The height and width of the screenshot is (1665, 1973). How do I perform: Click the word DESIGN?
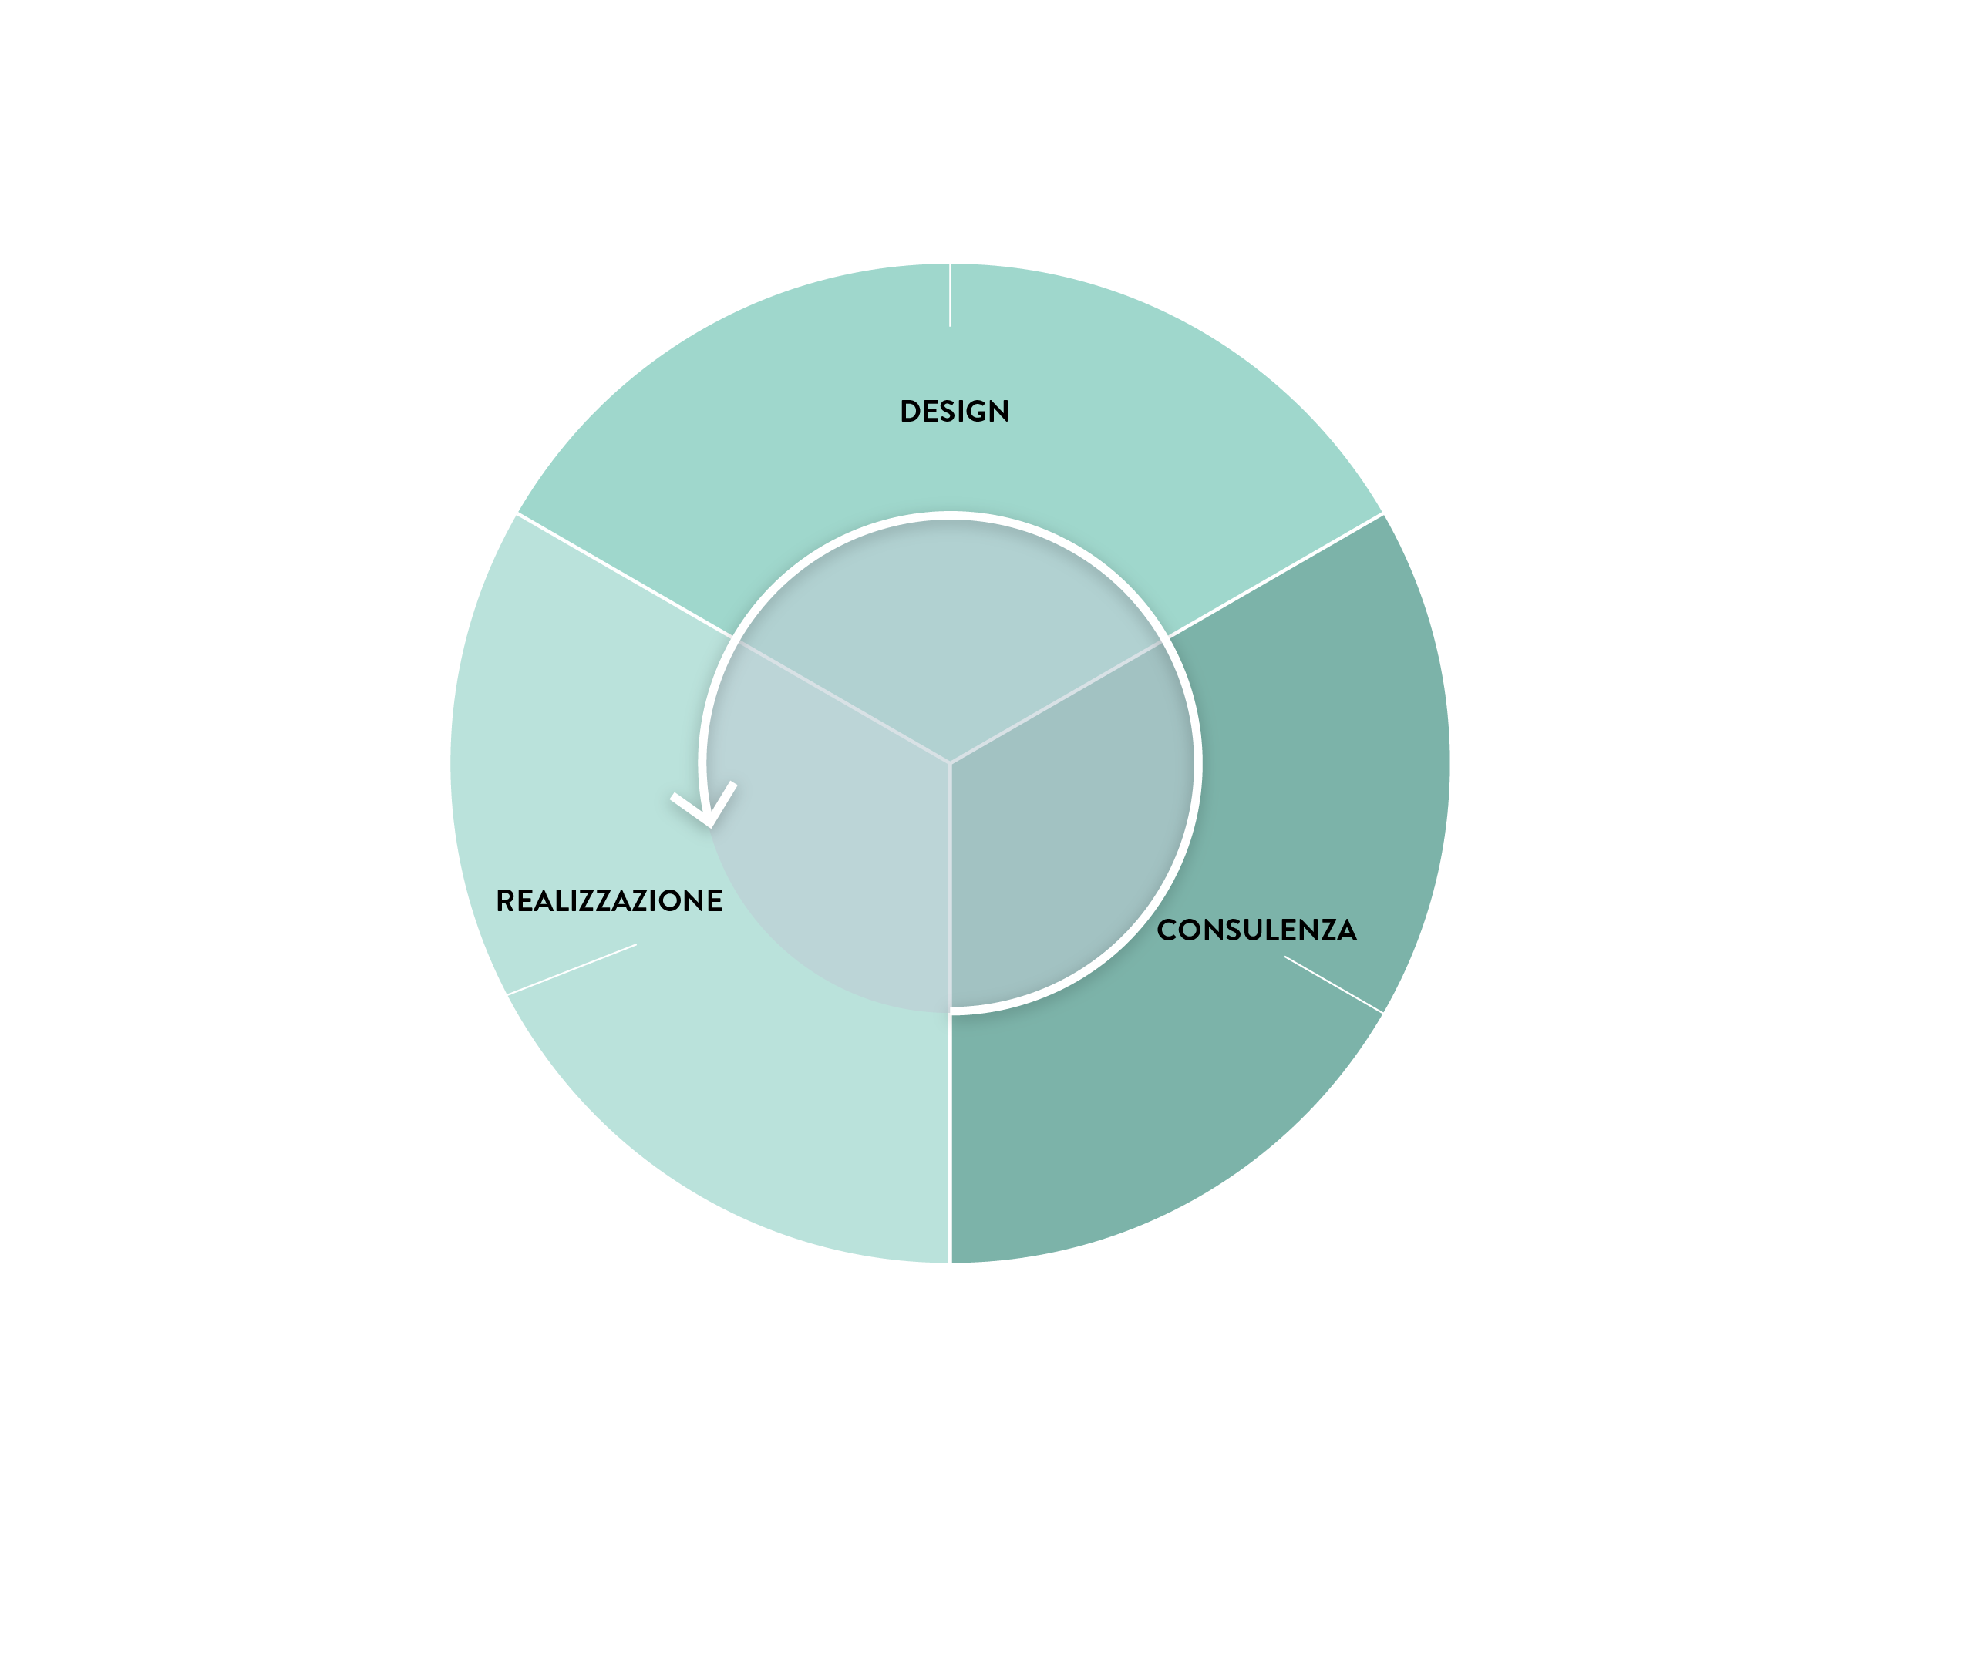(x=955, y=412)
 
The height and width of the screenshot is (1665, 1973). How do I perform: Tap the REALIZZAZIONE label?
(x=609, y=900)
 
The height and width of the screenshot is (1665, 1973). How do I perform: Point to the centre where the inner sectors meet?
(x=951, y=762)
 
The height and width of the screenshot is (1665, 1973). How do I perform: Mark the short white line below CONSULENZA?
(x=1333, y=984)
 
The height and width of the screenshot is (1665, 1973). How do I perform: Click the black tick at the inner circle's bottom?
(x=950, y=1024)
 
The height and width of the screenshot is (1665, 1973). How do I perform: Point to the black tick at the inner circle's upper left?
(x=724, y=631)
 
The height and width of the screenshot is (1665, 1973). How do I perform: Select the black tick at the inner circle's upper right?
(x=1177, y=631)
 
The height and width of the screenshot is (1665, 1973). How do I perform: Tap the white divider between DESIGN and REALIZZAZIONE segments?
(x=618, y=571)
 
